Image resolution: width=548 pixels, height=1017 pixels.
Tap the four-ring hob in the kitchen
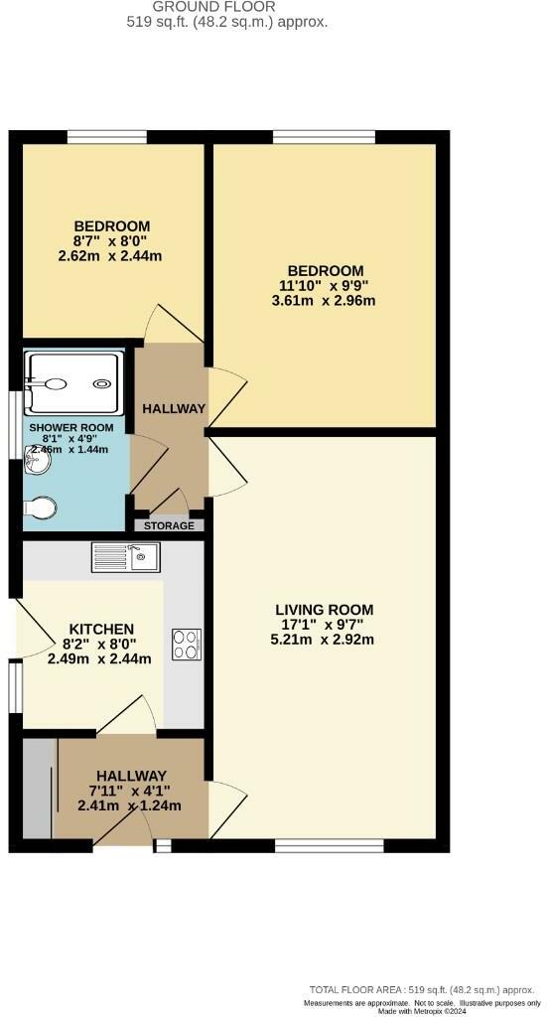(186, 644)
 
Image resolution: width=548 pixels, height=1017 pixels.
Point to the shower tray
(75, 382)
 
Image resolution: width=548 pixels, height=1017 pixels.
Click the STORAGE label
(169, 525)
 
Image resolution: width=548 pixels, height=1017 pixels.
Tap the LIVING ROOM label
(325, 609)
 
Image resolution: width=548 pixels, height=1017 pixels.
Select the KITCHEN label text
(100, 629)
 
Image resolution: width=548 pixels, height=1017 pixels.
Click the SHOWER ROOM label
(70, 428)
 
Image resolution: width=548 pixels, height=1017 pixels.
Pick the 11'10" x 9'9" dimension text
(326, 285)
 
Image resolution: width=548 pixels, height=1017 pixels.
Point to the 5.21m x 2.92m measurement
(325, 639)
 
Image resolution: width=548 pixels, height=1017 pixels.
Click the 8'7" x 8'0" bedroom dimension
(110, 240)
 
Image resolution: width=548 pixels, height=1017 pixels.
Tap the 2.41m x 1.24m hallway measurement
(129, 805)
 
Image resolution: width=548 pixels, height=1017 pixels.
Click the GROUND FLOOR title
(228, 6)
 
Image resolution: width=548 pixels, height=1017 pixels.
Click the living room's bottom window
(329, 845)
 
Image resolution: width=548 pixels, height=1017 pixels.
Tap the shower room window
(13, 425)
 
